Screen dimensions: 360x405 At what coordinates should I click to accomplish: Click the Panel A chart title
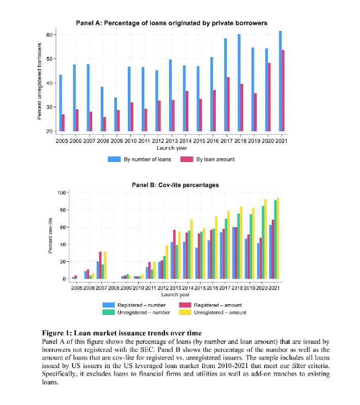pyautogui.click(x=172, y=23)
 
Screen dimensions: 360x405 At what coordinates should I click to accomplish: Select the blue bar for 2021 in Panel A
pyautogui.click(x=280, y=81)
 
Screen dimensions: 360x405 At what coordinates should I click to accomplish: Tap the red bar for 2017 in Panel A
pyautogui.click(x=228, y=104)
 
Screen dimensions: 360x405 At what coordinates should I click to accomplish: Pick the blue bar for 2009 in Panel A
pyautogui.click(x=115, y=114)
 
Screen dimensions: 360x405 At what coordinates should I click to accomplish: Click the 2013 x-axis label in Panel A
pyautogui.click(x=172, y=141)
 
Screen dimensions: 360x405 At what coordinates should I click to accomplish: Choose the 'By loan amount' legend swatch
pyautogui.click(x=187, y=159)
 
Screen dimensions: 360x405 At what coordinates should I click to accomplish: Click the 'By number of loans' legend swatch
pyautogui.click(x=114, y=159)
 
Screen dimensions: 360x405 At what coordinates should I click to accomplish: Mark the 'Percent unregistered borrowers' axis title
pyautogui.click(x=39, y=81)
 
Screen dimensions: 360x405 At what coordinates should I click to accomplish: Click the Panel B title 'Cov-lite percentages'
pyautogui.click(x=175, y=185)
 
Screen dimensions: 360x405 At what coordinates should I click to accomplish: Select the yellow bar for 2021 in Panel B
pyautogui.click(x=278, y=238)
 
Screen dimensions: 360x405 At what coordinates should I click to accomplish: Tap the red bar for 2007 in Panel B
pyautogui.click(x=100, y=265)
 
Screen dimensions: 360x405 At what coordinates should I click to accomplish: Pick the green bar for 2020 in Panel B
pyautogui.click(x=263, y=242)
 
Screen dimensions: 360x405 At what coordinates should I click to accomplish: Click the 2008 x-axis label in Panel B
pyautogui.click(x=113, y=288)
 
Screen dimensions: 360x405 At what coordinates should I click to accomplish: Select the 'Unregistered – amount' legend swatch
pyautogui.click(x=185, y=312)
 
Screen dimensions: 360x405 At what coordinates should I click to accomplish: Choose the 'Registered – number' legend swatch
pyautogui.click(x=108, y=305)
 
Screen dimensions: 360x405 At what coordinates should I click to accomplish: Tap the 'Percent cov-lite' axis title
pyautogui.click(x=50, y=236)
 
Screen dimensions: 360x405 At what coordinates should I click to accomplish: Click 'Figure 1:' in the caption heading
pyautogui.click(x=57, y=333)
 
